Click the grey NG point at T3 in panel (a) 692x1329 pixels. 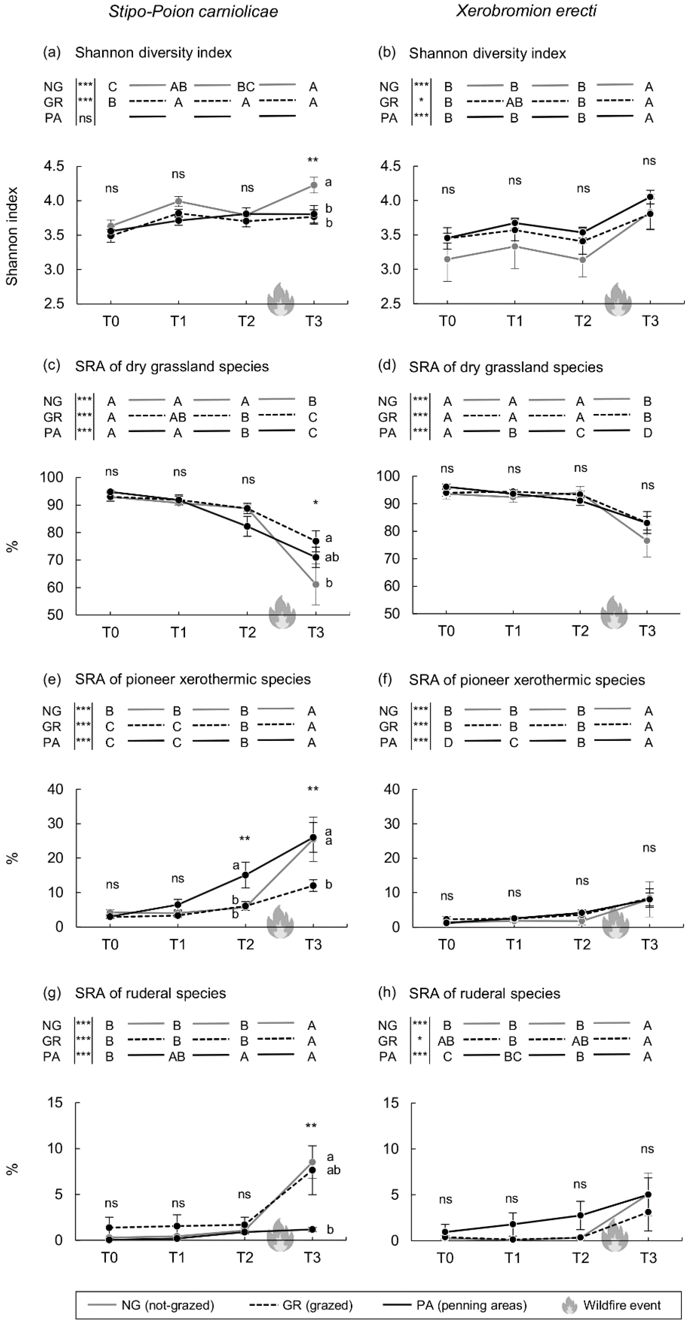tap(313, 185)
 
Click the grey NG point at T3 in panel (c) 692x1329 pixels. tap(316, 584)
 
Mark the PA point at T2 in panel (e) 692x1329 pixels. tap(246, 875)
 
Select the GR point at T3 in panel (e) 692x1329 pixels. tap(313, 885)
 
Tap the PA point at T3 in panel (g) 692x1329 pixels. tap(312, 1229)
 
